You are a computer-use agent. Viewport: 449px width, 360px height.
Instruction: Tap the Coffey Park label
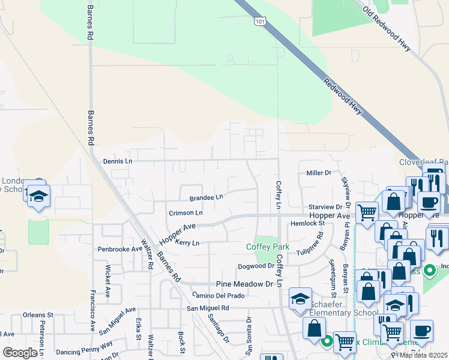pyautogui.click(x=268, y=247)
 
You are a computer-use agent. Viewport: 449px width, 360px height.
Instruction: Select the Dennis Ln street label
pyautogui.click(x=117, y=161)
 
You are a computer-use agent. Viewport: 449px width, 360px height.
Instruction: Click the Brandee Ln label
pyautogui.click(x=206, y=197)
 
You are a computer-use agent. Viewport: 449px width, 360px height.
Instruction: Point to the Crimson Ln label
pyautogui.click(x=185, y=212)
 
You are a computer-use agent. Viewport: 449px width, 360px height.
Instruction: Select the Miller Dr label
pyautogui.click(x=319, y=173)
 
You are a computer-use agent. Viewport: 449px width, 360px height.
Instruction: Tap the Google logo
pyautogui.click(x=20, y=353)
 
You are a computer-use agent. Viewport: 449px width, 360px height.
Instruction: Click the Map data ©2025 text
pyautogui.click(x=423, y=355)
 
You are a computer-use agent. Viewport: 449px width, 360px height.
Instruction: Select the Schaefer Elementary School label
pyautogui.click(x=343, y=308)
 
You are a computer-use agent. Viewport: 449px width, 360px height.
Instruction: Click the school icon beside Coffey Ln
pyautogui.click(x=301, y=299)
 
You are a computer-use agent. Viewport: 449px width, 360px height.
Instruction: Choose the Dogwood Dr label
pyautogui.click(x=256, y=266)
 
